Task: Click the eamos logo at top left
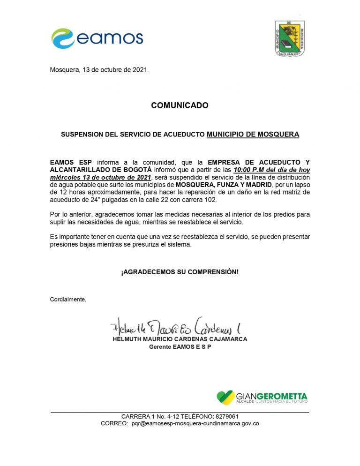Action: coord(97,38)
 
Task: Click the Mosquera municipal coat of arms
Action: coord(289,38)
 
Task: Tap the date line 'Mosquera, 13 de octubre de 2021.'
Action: coord(99,70)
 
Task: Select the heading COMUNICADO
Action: coord(180,105)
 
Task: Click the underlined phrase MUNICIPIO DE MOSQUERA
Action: coord(253,135)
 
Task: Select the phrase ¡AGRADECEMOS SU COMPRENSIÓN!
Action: coord(180,272)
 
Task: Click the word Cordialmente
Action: coord(68,299)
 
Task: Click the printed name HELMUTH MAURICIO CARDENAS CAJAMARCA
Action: coord(180,339)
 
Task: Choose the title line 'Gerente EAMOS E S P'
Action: coord(180,346)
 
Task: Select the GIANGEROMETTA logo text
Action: coord(272,396)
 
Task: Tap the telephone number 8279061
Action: coord(226,416)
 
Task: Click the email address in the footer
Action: coord(195,423)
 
